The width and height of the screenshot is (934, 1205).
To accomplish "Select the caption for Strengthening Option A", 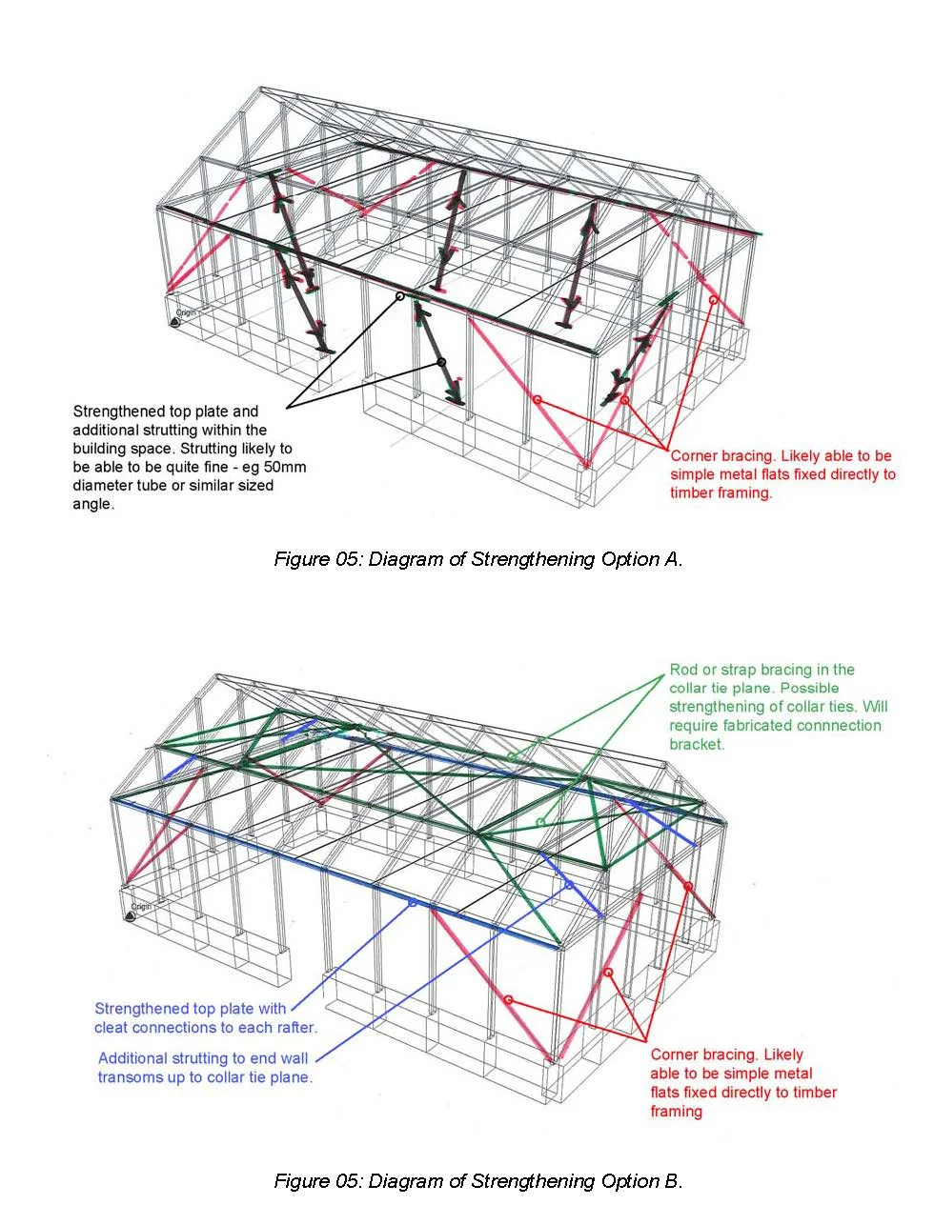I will (477, 559).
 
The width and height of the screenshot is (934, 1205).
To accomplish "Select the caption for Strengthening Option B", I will (477, 1181).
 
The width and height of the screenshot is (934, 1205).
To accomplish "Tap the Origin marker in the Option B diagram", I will (131, 915).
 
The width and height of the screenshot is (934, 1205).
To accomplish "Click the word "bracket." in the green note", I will (697, 744).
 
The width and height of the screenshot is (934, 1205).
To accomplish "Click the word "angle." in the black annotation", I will (92, 504).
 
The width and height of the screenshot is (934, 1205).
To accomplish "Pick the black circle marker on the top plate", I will (400, 296).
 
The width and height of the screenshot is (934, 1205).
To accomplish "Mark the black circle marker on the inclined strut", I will (441, 362).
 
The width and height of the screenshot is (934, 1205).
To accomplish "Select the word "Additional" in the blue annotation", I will (132, 1058).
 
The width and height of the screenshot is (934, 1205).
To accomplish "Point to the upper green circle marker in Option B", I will (512, 757).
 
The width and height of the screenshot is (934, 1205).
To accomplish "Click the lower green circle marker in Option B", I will (540, 821).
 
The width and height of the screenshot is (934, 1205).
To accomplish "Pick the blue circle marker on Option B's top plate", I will (412, 902).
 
